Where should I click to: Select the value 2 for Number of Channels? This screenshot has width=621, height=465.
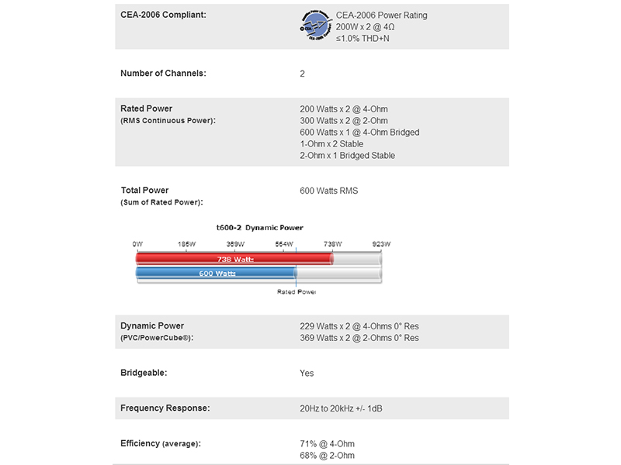(x=303, y=74)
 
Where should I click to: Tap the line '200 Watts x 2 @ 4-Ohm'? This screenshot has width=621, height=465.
(x=343, y=109)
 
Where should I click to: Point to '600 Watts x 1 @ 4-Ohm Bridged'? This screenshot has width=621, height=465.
(x=359, y=133)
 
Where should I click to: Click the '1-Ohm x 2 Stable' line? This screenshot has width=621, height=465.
(x=331, y=144)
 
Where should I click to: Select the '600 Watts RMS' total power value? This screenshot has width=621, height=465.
(x=329, y=191)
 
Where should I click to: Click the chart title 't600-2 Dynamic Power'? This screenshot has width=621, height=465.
(x=259, y=228)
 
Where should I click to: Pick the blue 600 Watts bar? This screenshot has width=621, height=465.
(x=217, y=274)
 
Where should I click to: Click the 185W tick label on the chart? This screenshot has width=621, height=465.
(x=186, y=243)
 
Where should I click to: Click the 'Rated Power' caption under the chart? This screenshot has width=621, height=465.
(x=297, y=291)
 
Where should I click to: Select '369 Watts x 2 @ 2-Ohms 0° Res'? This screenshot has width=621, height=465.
(x=359, y=338)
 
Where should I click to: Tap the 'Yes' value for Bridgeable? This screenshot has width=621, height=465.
(x=307, y=373)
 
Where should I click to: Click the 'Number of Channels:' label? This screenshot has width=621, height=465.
(x=163, y=74)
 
